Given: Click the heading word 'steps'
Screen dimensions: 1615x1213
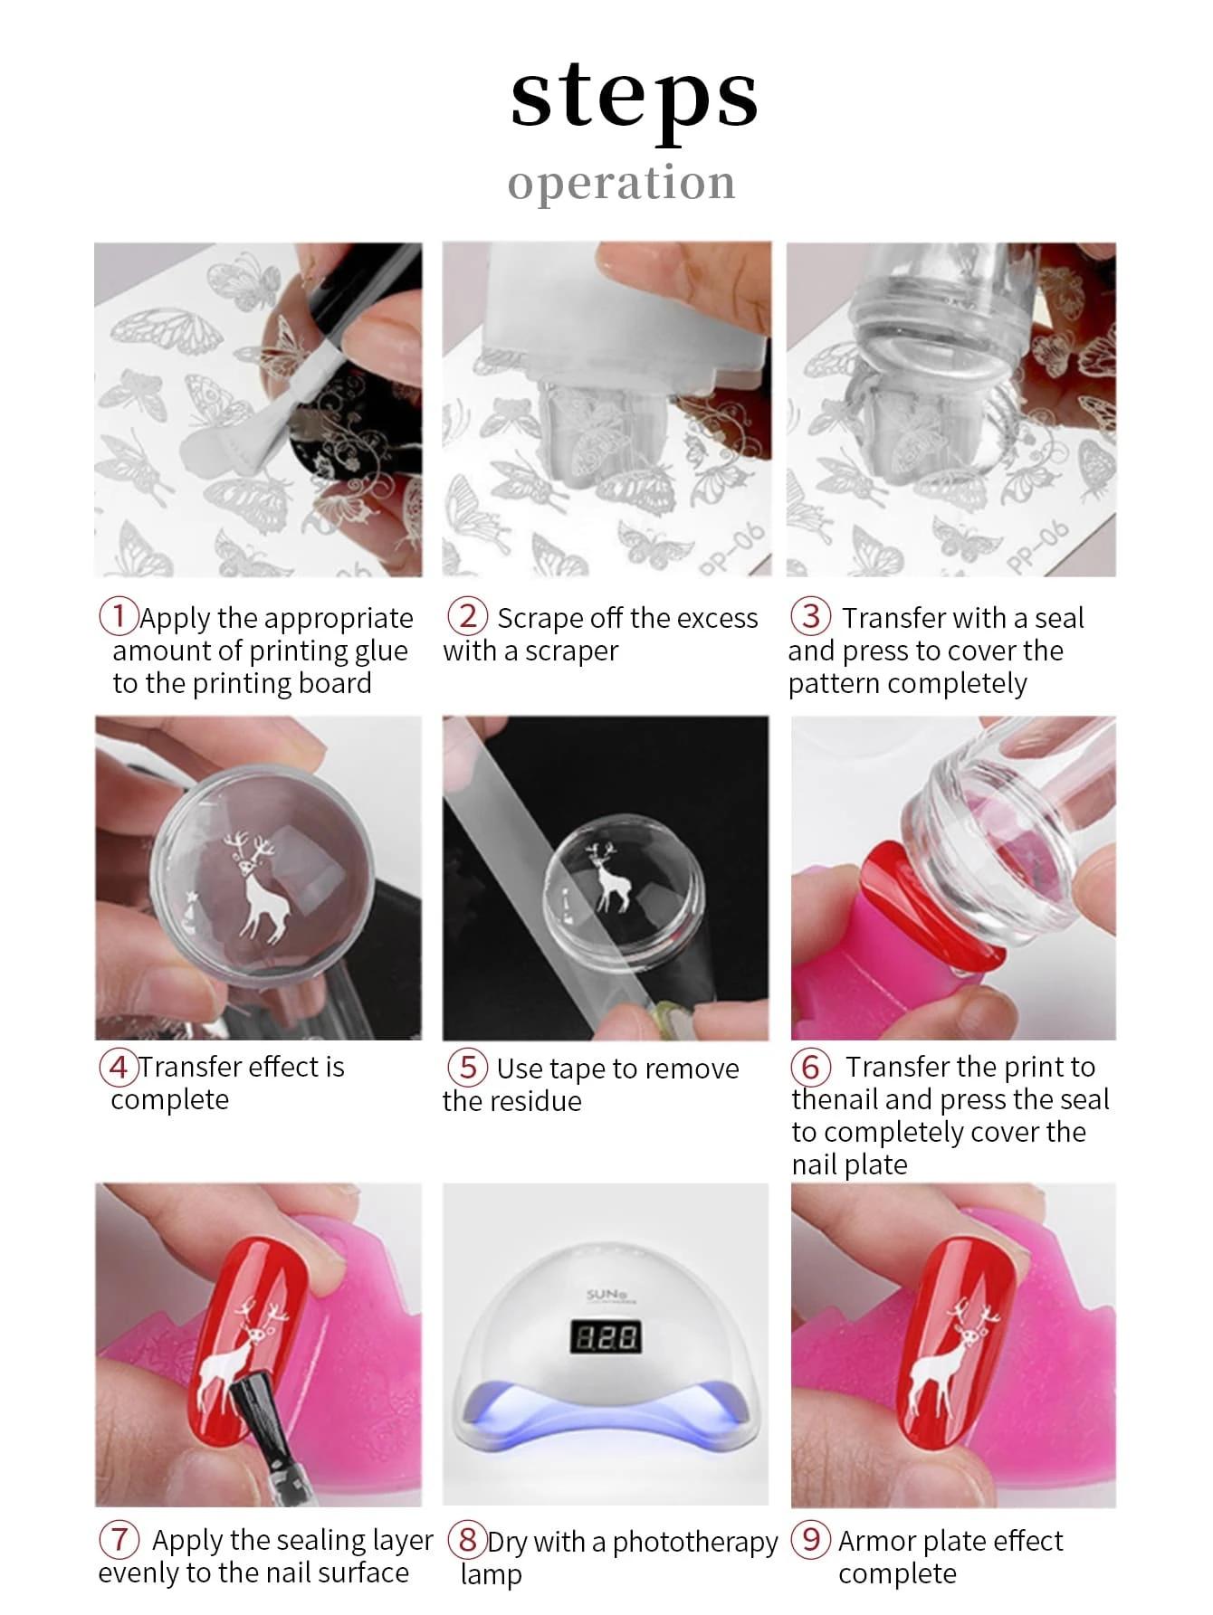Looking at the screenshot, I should click(634, 98).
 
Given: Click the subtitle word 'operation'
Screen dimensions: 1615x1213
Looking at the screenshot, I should click(621, 182).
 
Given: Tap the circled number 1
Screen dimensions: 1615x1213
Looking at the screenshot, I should click(119, 616).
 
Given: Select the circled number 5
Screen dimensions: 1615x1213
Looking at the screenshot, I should click(467, 1067).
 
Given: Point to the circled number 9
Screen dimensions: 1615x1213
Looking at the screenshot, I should click(811, 1539).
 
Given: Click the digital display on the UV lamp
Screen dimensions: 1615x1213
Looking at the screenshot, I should click(605, 1336).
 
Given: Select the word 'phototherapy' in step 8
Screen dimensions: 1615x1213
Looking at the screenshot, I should click(694, 1542).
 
